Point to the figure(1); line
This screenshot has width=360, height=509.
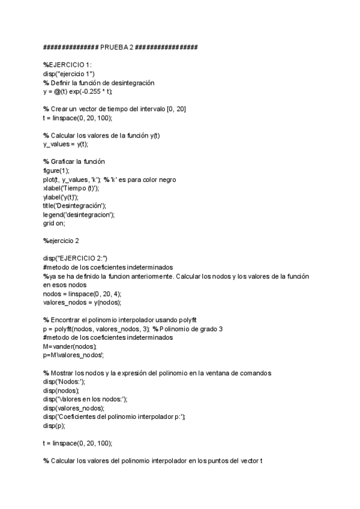pyautogui.click(x=56, y=170)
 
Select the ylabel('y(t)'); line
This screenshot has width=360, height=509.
pyautogui.click(x=61, y=196)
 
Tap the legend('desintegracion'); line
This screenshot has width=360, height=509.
pyautogui.click(x=78, y=214)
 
